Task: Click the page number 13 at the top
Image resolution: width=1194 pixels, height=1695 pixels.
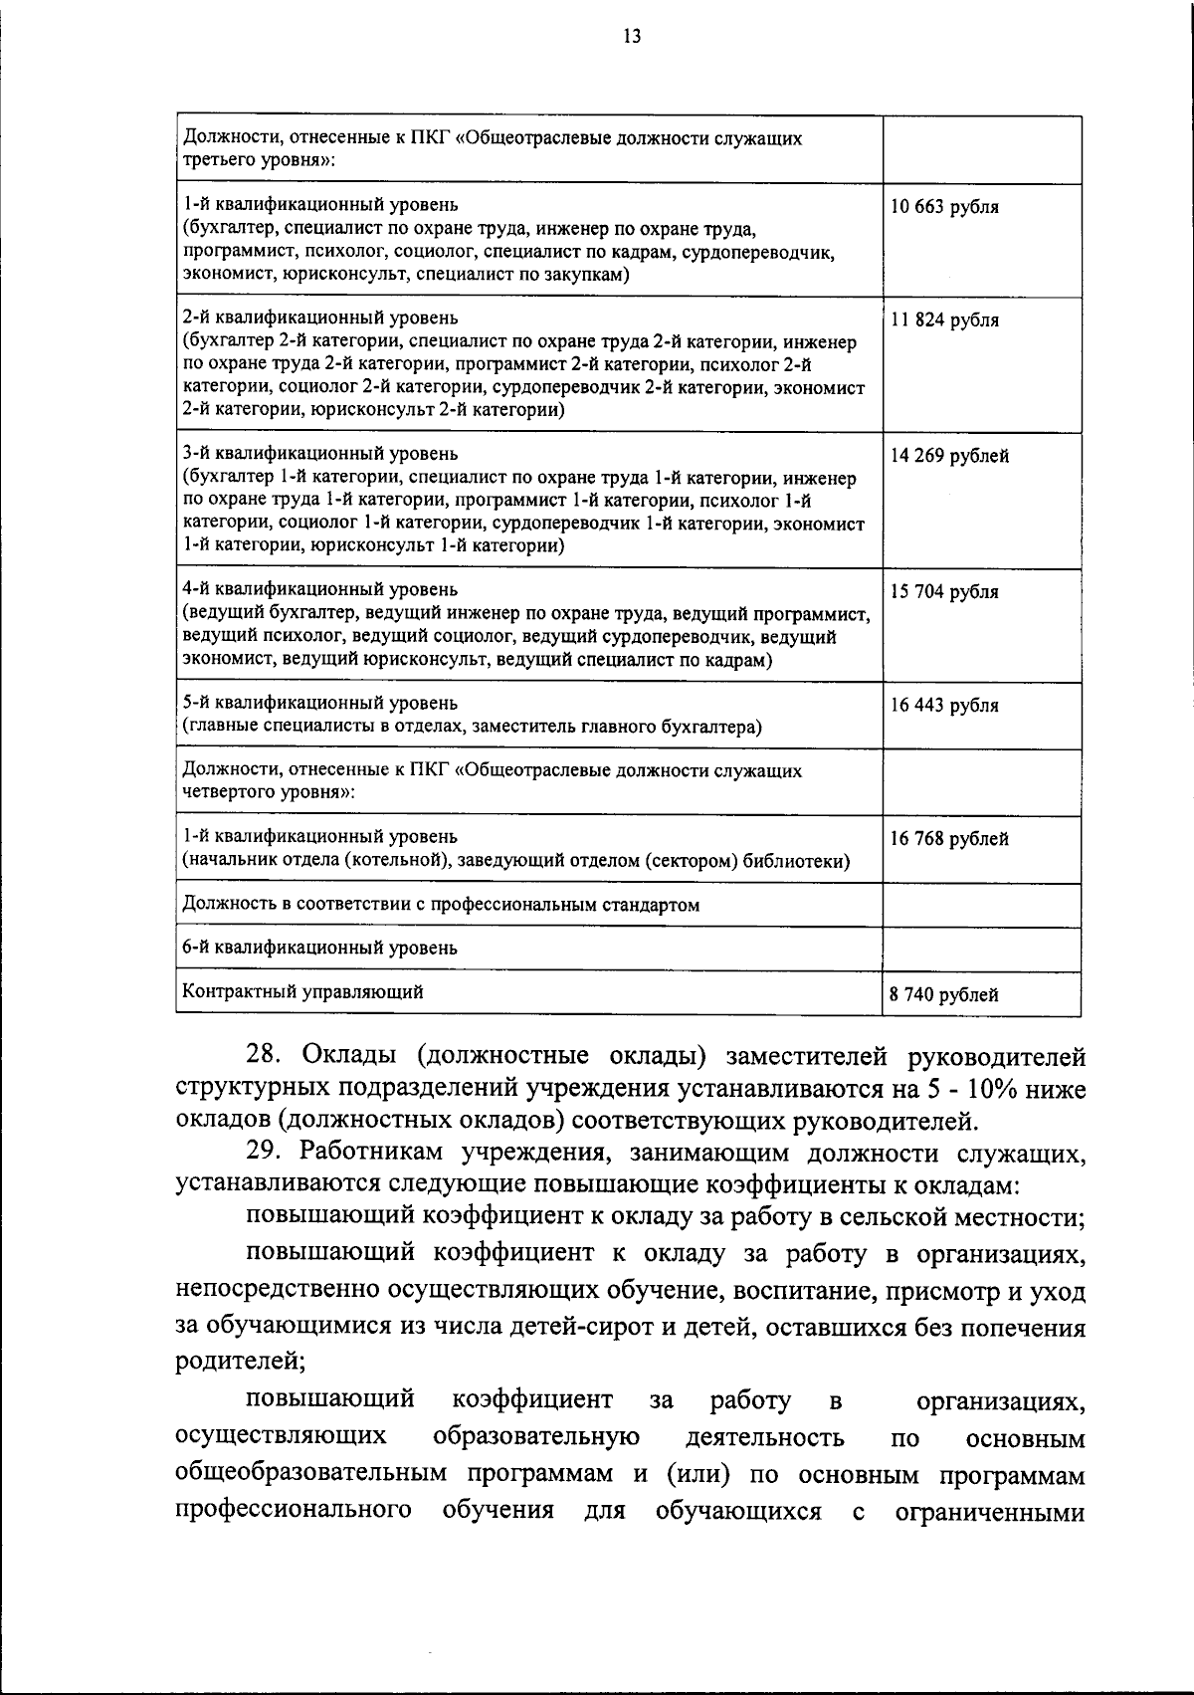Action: [631, 37]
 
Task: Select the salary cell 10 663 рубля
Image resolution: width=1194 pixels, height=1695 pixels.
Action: [944, 207]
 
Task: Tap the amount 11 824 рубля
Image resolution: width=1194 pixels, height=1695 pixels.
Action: [944, 319]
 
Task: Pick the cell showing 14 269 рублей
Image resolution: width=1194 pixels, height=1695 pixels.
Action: [949, 456]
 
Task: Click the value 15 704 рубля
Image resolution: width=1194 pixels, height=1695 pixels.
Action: [944, 591]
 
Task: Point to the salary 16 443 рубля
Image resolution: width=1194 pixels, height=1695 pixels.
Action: [944, 705]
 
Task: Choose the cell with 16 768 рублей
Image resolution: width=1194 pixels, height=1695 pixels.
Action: [949, 838]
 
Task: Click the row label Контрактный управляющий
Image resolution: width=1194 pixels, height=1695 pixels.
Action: [303, 991]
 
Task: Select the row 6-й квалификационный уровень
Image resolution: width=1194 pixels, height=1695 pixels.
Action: [320, 948]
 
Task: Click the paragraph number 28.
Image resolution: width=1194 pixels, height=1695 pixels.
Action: [267, 1055]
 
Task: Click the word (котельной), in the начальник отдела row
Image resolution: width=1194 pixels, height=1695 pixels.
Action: [394, 861]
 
